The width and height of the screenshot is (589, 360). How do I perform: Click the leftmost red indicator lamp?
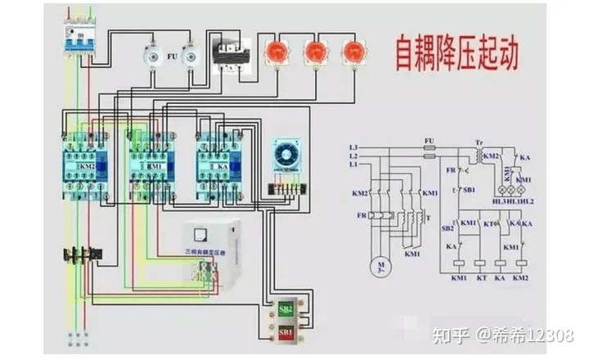(275, 52)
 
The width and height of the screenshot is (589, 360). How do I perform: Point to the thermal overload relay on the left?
(82, 254)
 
